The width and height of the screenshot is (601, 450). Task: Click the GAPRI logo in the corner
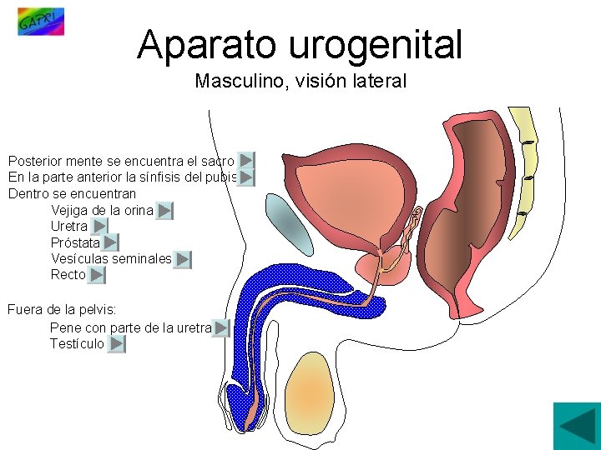(40, 21)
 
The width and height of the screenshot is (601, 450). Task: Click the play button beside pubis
(246, 177)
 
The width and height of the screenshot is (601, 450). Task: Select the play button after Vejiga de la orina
(164, 211)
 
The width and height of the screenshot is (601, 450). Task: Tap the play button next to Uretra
(99, 227)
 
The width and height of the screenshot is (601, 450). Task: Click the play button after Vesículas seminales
(184, 260)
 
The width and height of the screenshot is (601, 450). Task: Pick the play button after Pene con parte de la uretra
(220, 328)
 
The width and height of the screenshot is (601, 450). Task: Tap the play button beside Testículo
(117, 344)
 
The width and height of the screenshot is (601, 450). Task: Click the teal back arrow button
(577, 426)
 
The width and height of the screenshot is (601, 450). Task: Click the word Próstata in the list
(75, 243)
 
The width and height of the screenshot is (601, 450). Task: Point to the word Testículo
(77, 344)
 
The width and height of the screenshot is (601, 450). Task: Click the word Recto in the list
(68, 275)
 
